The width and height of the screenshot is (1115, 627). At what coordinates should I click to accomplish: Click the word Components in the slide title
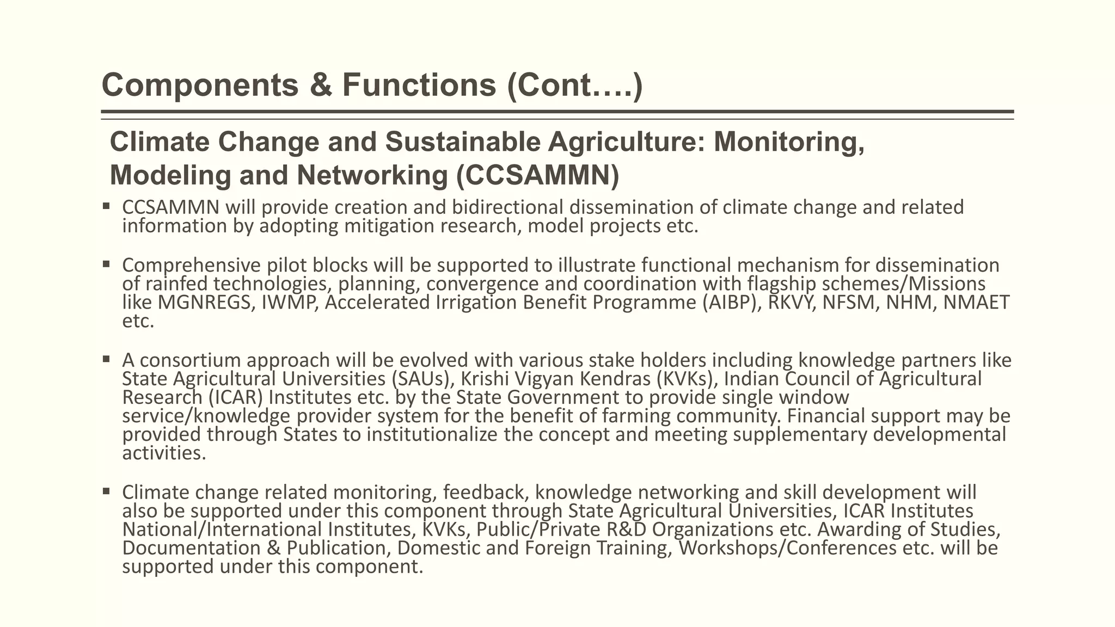(x=200, y=85)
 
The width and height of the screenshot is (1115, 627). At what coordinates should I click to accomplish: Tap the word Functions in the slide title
(x=419, y=85)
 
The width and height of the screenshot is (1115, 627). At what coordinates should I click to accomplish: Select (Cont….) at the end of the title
(x=575, y=85)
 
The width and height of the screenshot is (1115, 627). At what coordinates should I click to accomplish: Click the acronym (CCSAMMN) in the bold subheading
(x=537, y=175)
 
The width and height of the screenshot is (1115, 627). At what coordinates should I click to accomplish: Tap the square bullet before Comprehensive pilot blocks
(x=106, y=265)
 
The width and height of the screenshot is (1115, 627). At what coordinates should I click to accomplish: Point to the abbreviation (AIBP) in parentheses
(x=732, y=302)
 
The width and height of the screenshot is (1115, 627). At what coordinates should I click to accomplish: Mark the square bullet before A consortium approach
(x=106, y=359)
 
